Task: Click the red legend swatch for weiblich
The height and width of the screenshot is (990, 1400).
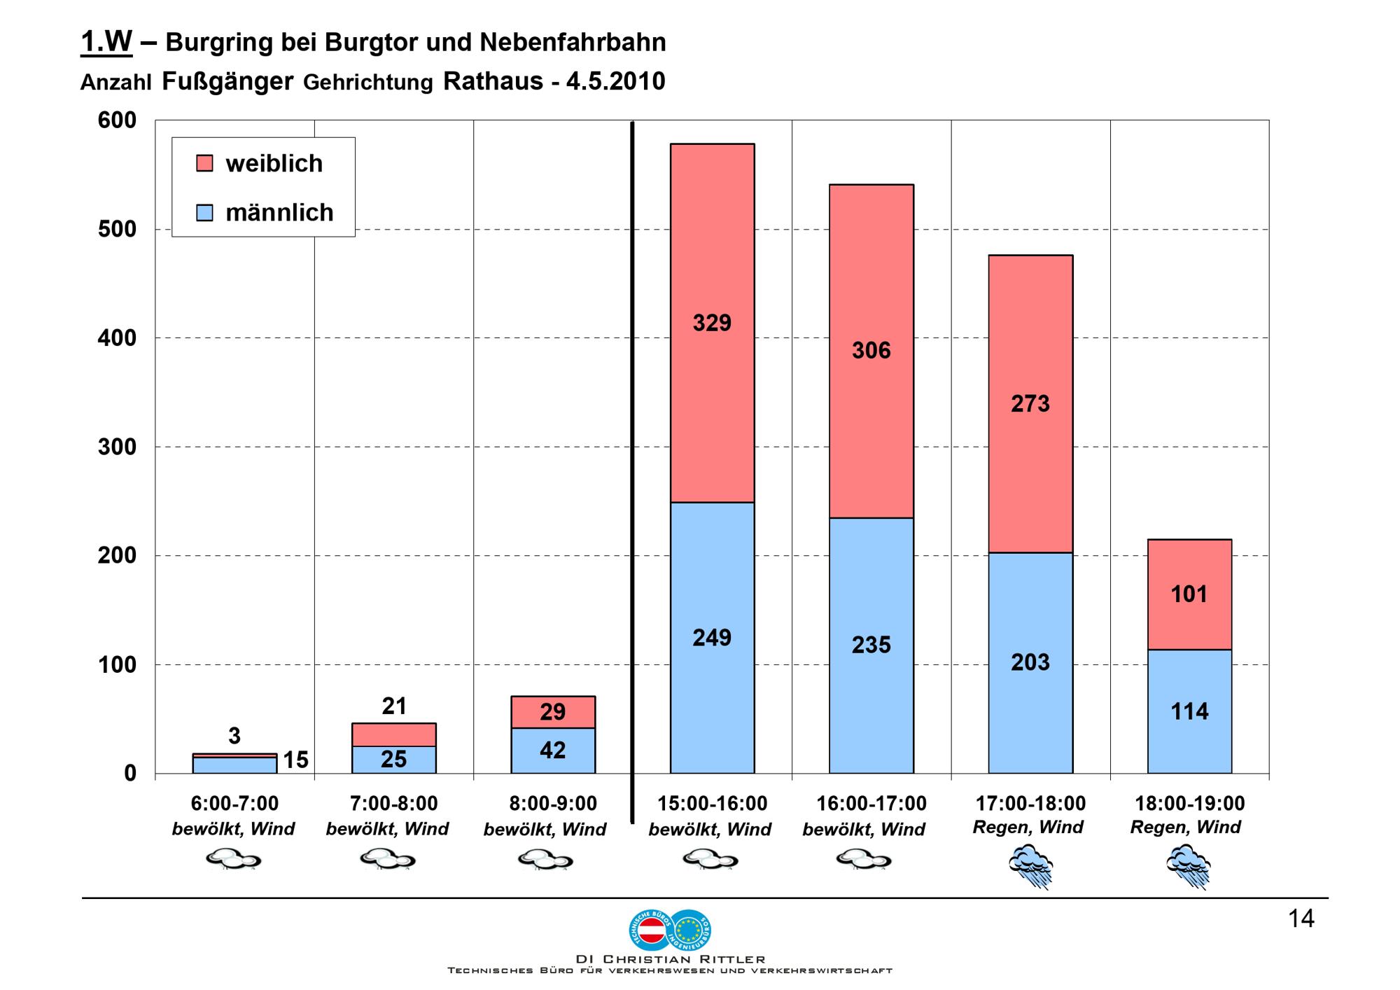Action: [x=204, y=163]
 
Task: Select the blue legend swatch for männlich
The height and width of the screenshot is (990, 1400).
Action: [x=204, y=212]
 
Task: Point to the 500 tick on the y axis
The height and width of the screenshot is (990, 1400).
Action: [x=117, y=230]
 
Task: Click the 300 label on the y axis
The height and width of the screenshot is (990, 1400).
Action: [x=117, y=447]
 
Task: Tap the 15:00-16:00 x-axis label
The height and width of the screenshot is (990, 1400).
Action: [x=712, y=803]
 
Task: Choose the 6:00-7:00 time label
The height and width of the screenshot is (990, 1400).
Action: [x=234, y=803]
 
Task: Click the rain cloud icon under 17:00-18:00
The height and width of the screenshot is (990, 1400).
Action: [x=1030, y=865]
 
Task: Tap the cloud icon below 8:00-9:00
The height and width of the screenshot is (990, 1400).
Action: [x=545, y=859]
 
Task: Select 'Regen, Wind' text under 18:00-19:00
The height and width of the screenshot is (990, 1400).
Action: [x=1185, y=827]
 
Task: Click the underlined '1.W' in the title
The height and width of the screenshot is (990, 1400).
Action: [x=106, y=42]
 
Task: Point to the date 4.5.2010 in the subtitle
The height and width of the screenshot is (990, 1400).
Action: [x=615, y=82]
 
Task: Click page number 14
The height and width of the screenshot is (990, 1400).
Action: [x=1301, y=919]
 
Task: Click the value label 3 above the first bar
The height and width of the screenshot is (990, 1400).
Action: [x=234, y=736]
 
